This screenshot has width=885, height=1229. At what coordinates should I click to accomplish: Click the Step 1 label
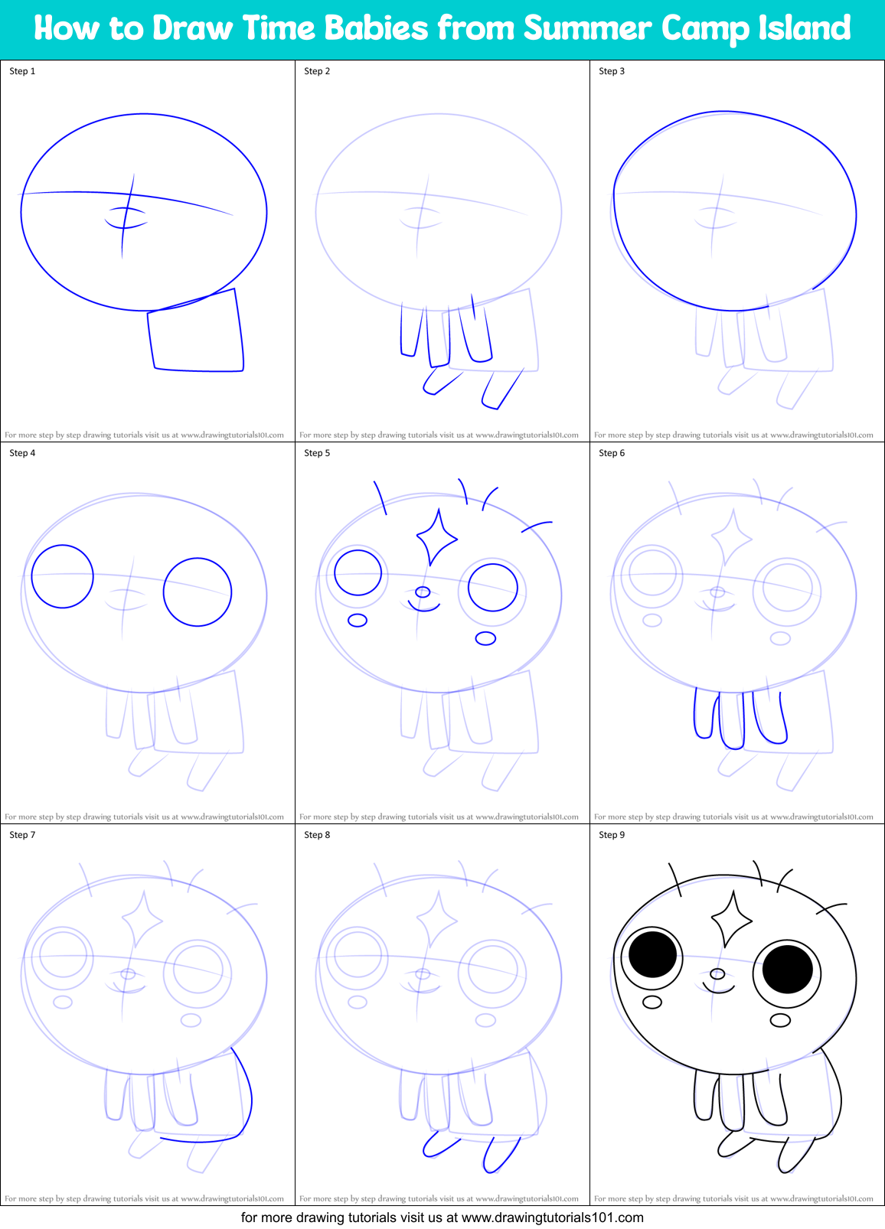22,71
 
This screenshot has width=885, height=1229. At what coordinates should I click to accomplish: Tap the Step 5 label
317,453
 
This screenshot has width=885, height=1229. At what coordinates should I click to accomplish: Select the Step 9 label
612,835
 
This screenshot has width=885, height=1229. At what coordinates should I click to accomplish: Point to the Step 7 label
22,835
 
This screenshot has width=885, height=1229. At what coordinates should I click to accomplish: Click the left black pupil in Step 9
653,954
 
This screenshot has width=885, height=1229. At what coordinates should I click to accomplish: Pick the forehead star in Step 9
731,918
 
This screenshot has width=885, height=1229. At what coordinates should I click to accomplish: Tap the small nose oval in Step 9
717,974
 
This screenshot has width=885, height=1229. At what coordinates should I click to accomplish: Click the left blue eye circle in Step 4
62,576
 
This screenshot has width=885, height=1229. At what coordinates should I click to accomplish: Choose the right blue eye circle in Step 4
198,592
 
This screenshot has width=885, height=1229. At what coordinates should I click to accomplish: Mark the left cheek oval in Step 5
358,620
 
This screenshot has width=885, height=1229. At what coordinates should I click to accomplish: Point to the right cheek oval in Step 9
780,1019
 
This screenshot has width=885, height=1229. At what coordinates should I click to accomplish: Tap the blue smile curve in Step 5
424,607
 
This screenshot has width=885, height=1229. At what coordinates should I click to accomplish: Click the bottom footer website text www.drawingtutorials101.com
552,1218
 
